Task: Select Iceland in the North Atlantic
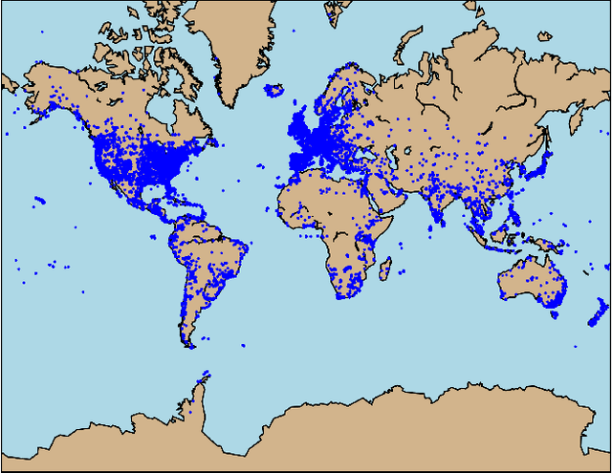point(273,91)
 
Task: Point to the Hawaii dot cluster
point(39,201)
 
